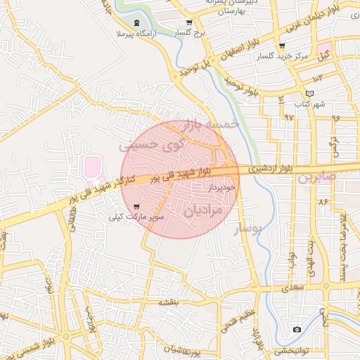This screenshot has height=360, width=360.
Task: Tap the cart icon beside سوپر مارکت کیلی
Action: [136, 207]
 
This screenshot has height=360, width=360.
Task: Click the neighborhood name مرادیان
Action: [204, 210]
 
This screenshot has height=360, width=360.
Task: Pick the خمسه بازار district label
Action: [210, 124]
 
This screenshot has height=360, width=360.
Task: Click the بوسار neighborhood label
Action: [246, 229]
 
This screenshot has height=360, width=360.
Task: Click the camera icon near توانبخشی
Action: [297, 330]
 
